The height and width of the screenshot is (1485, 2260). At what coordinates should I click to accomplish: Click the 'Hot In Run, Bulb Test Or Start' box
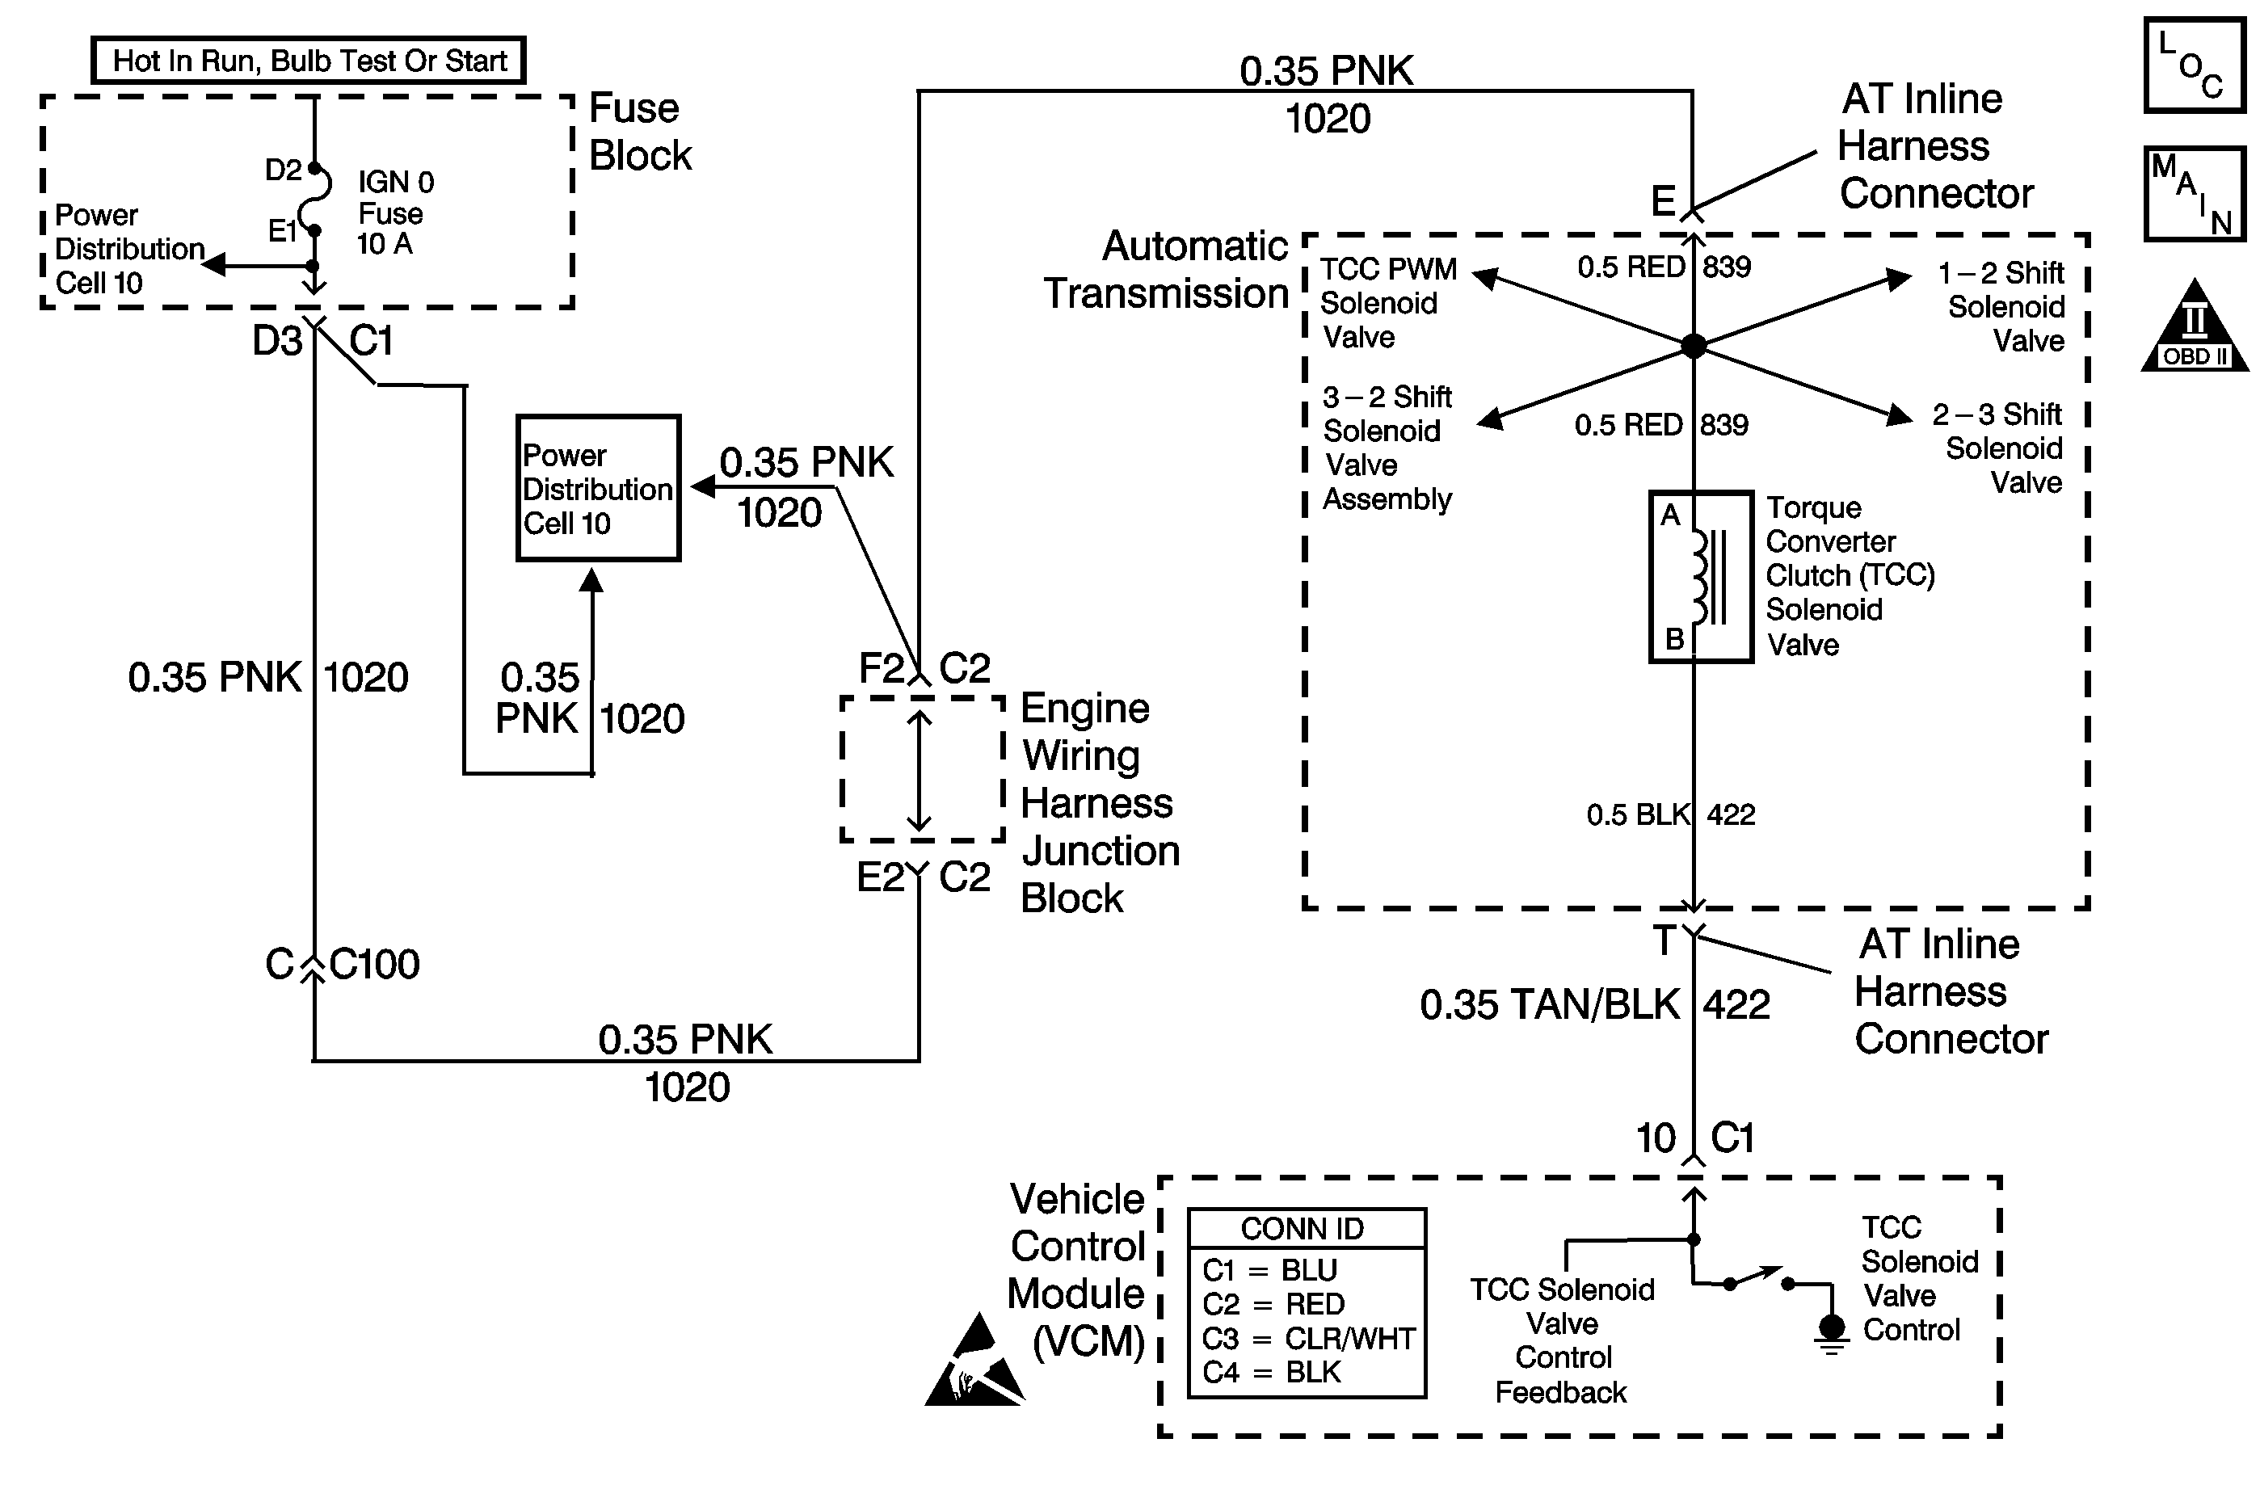pyautogui.click(x=309, y=61)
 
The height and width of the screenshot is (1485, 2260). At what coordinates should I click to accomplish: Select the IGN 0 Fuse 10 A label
pyautogui.click(x=394, y=212)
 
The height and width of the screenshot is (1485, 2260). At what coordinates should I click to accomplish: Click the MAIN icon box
pyautogui.click(x=2194, y=194)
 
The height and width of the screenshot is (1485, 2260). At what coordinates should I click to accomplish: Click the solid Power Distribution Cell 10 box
pyautogui.click(x=598, y=488)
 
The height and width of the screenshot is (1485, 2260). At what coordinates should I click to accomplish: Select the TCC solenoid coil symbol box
pyautogui.click(x=1701, y=576)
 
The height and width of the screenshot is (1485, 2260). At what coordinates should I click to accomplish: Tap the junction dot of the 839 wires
pyautogui.click(x=1693, y=346)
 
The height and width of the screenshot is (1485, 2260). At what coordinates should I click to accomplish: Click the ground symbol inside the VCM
pyautogui.click(x=1832, y=1331)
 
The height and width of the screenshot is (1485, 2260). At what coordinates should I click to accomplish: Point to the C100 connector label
pyautogui.click(x=374, y=965)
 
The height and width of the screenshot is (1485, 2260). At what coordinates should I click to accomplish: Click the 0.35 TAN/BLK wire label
pyautogui.click(x=1549, y=1004)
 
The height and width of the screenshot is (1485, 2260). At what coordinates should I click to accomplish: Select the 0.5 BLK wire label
pyautogui.click(x=1638, y=814)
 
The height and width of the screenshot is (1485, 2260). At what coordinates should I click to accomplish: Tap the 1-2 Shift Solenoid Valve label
pyautogui.click(x=2001, y=307)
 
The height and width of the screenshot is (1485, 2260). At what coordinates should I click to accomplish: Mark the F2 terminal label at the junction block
pyautogui.click(x=882, y=668)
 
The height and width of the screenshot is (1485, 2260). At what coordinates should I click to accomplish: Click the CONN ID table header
pyautogui.click(x=1303, y=1229)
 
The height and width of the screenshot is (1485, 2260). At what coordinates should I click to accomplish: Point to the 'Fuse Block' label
pyautogui.click(x=640, y=132)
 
